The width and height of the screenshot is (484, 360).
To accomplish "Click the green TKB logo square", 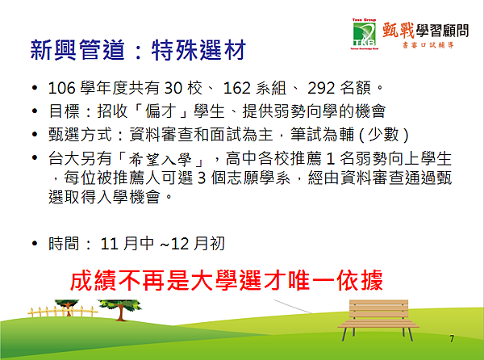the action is (365, 35).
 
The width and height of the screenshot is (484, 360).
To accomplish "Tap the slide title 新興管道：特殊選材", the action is (138, 50).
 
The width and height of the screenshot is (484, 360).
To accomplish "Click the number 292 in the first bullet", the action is (321, 88).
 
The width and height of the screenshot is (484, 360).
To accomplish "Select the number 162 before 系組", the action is (236, 88).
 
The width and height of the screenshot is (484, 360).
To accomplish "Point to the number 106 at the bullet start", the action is (62, 88).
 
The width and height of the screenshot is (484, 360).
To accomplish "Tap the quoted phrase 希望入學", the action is (160, 160).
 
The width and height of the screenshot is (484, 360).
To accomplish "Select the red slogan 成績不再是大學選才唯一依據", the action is (226, 281).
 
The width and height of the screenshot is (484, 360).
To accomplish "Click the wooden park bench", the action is (378, 320).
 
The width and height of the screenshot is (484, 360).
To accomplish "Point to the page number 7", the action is (452, 339).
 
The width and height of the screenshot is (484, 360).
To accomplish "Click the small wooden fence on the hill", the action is (63, 311).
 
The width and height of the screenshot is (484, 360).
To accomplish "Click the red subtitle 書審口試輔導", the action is (428, 45).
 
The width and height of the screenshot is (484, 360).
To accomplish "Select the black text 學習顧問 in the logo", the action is (442, 31).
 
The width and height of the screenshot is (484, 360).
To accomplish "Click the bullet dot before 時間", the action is (35, 244).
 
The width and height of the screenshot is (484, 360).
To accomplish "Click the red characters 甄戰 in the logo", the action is (398, 30).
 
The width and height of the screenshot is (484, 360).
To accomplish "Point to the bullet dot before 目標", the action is (35, 111).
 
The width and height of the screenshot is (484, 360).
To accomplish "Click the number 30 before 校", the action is (173, 88).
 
